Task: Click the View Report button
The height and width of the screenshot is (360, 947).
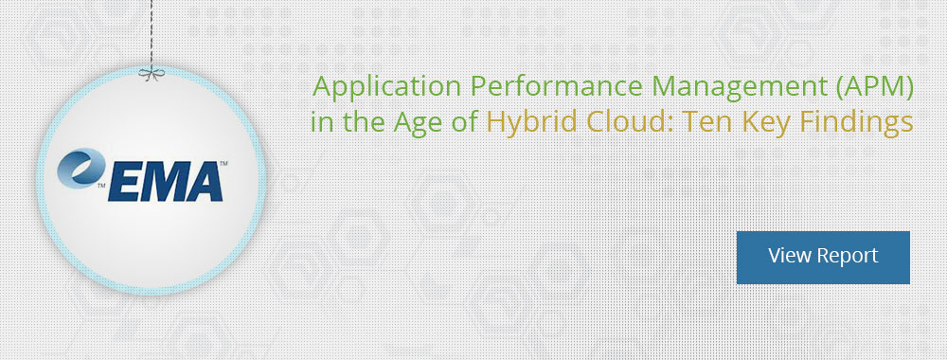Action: click(823, 257)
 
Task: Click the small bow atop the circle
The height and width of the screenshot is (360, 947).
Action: click(149, 72)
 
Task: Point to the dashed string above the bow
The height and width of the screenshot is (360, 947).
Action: click(149, 33)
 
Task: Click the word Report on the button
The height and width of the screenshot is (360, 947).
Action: click(847, 256)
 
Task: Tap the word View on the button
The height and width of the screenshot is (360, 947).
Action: click(789, 256)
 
